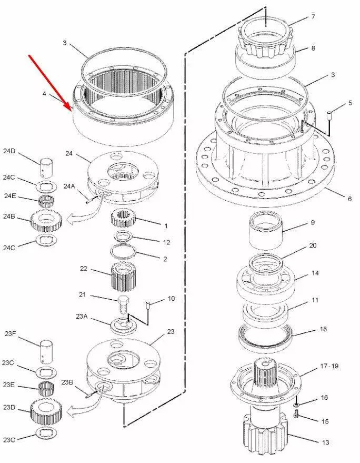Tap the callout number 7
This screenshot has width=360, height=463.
(313, 17)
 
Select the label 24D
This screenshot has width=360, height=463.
(9, 151)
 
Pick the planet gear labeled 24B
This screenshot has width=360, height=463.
(46, 221)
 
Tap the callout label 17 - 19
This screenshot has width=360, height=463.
(329, 366)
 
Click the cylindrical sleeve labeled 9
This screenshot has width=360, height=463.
(266, 230)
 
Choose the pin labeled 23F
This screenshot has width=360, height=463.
(47, 351)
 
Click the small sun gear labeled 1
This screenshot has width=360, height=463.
(123, 218)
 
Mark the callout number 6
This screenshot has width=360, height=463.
(349, 199)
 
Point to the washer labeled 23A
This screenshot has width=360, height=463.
(123, 326)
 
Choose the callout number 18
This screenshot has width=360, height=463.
(323, 329)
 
